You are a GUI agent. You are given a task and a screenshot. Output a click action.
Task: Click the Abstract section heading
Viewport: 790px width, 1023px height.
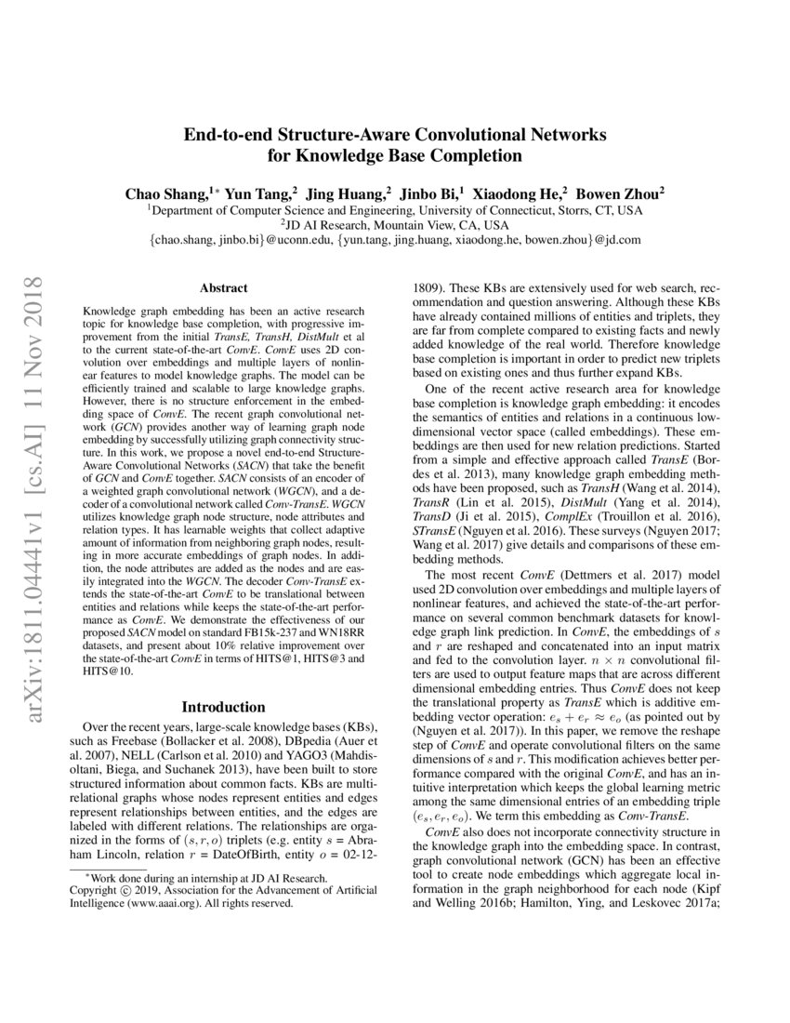click(223, 289)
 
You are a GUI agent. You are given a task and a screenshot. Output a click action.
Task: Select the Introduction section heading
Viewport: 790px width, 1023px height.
click(223, 706)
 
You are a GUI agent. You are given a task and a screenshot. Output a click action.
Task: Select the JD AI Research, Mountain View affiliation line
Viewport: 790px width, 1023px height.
click(395, 225)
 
